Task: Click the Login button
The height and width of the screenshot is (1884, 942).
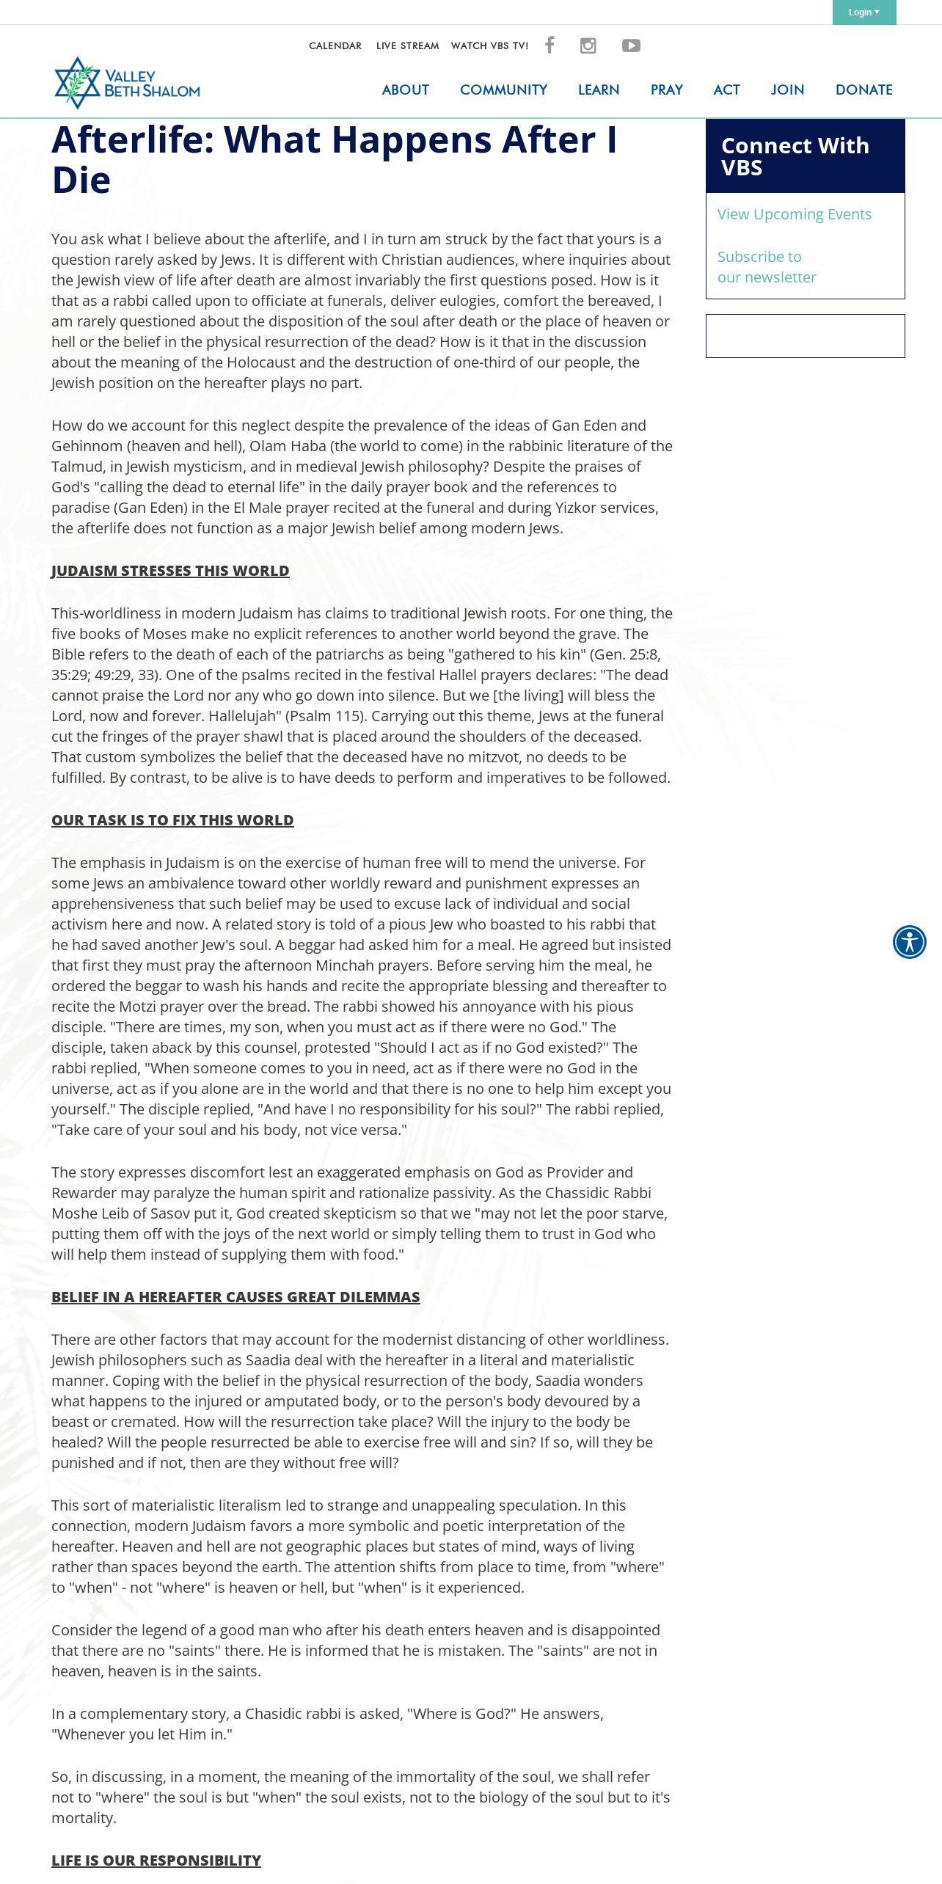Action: (863, 12)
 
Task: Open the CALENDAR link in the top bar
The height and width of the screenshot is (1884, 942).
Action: (335, 45)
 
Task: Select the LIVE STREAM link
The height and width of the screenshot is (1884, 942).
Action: (407, 45)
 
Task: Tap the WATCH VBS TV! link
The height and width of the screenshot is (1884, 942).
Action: (489, 45)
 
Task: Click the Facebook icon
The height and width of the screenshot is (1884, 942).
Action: (549, 45)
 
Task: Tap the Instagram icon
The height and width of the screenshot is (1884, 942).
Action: (588, 45)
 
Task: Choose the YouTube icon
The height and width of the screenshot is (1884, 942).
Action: (631, 45)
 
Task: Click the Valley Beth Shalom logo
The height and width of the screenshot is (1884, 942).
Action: (127, 83)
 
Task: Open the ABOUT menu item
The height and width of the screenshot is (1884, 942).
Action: (405, 90)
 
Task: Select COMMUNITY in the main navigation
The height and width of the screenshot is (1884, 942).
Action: (503, 90)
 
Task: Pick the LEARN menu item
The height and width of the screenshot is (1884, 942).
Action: (598, 90)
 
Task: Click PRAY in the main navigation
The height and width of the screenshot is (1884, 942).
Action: (666, 90)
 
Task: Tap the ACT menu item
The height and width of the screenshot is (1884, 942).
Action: (726, 90)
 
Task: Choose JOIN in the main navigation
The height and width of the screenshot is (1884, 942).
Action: (787, 90)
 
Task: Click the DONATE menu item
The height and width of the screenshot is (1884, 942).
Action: (863, 90)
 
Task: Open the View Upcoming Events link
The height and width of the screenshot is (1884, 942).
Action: (794, 214)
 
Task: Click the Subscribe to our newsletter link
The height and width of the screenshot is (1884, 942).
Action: (766, 267)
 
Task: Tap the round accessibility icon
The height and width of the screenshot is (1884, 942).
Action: (909, 942)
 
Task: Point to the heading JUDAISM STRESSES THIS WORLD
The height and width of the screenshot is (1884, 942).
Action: (170, 571)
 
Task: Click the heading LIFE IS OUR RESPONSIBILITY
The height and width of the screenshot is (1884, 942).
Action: (156, 1861)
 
